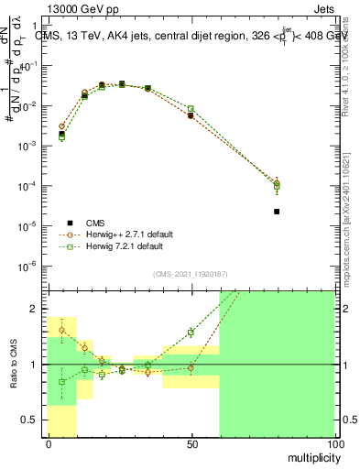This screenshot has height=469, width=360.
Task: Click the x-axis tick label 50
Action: [x=191, y=443]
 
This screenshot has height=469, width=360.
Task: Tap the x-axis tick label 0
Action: [x=49, y=443]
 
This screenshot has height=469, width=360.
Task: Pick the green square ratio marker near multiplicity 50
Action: [x=191, y=332]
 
